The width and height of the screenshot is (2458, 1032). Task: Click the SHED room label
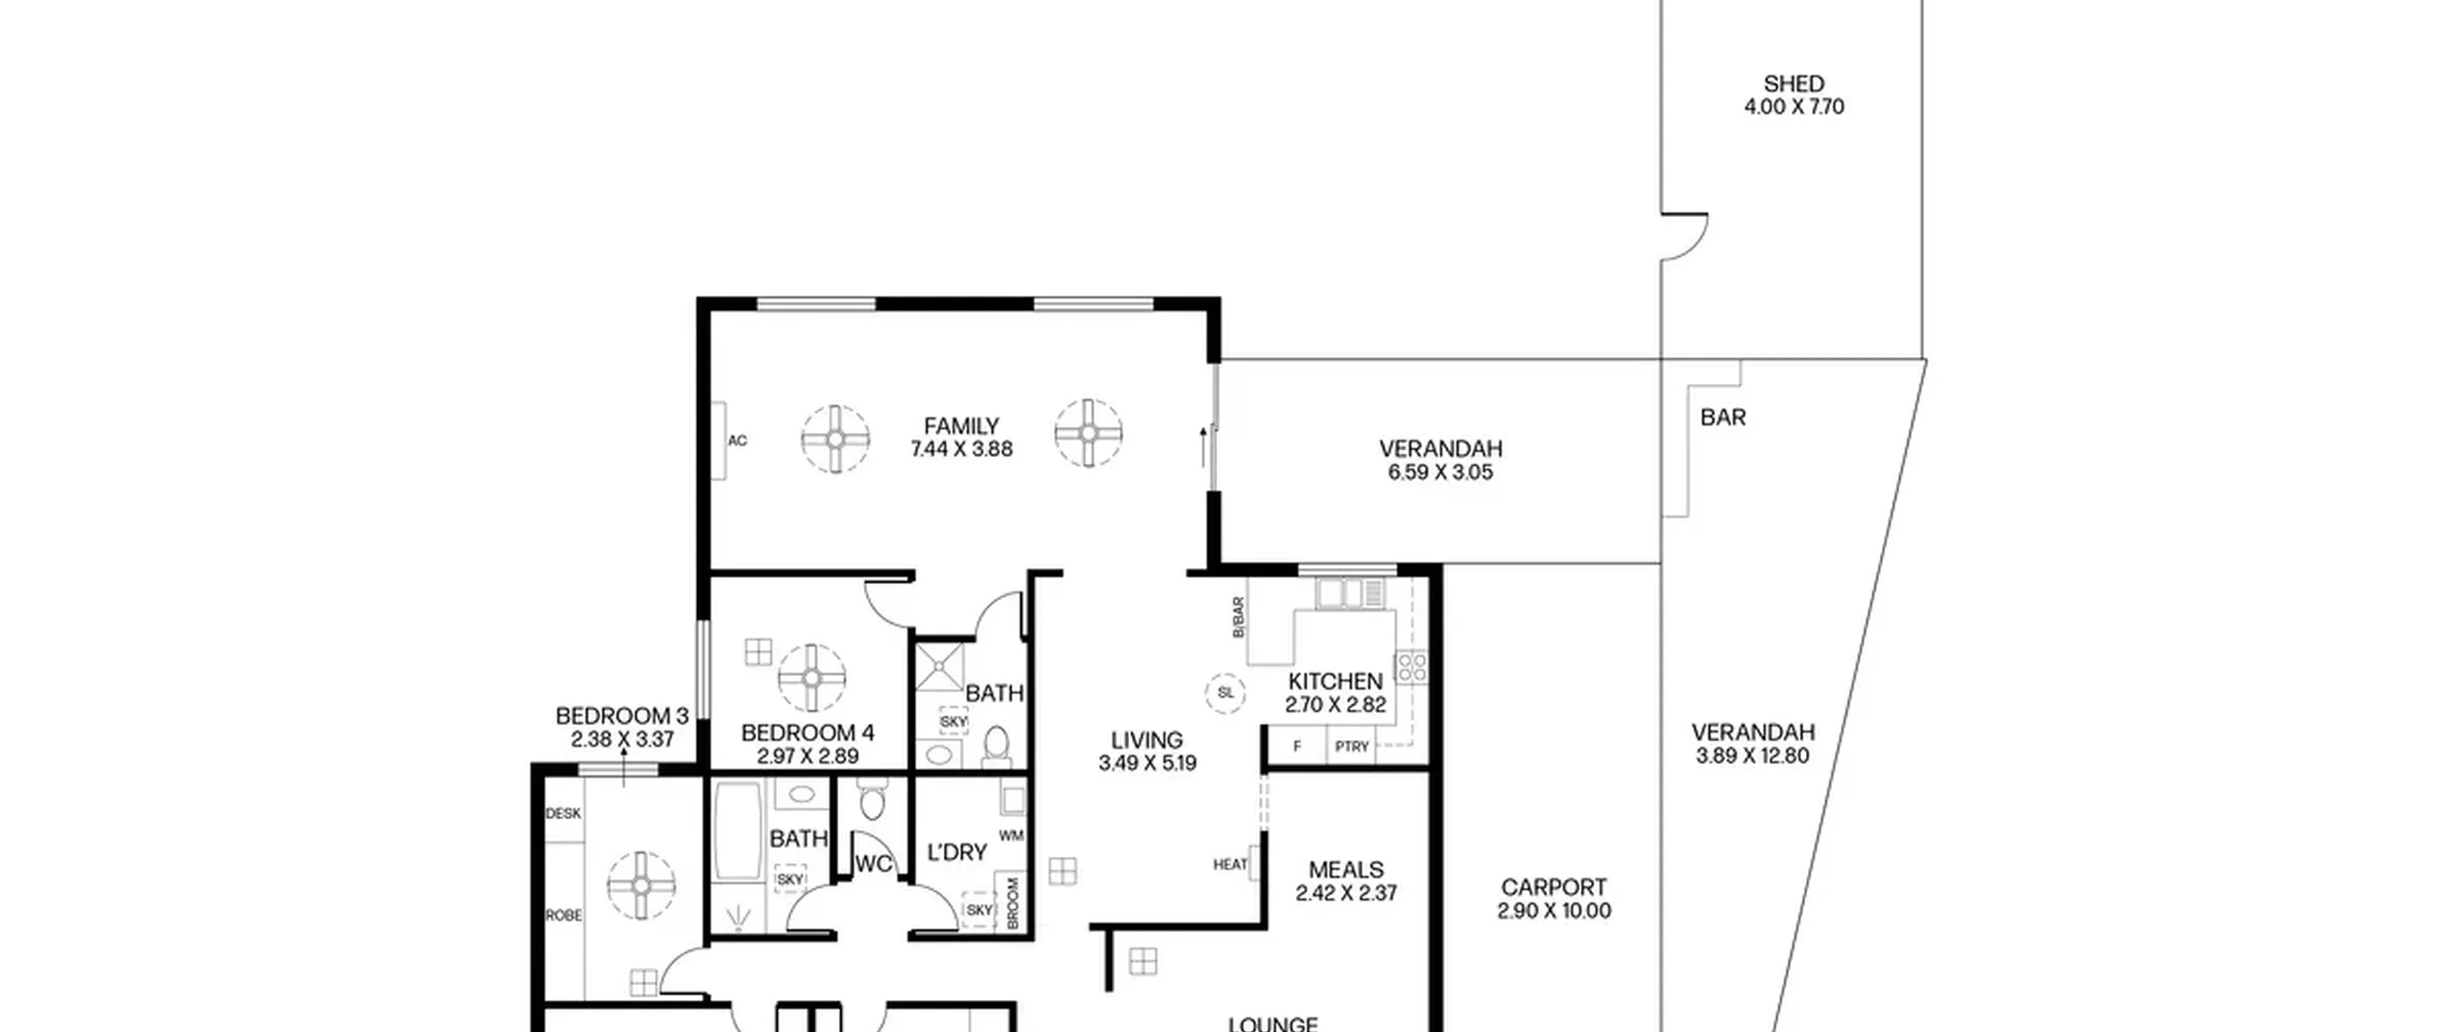point(1793,84)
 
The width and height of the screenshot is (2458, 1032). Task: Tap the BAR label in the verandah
point(1723,418)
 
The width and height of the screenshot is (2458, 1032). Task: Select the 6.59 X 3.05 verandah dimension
point(1439,472)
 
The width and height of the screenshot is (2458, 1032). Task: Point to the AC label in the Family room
point(737,442)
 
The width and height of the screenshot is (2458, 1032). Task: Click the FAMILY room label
point(961,425)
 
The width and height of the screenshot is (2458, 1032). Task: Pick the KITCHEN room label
point(1336,682)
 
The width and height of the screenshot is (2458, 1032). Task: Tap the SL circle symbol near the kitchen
point(1225,692)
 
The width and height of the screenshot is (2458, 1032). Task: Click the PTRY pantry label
point(1352,746)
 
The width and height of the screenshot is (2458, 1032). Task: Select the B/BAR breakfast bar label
point(1238,618)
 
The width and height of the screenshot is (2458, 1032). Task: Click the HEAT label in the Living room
point(1230,865)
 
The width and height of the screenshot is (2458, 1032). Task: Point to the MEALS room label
point(1346,870)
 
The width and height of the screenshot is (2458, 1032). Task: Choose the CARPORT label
point(1554,888)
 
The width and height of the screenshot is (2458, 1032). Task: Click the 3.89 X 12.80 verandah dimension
point(1752,756)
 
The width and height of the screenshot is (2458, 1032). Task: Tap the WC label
point(874,864)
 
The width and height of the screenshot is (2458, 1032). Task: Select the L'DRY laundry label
point(957,852)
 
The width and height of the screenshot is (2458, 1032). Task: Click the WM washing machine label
point(1011,836)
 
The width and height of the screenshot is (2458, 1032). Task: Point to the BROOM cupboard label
point(1013,902)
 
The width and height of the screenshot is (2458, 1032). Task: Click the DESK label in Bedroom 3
point(564,814)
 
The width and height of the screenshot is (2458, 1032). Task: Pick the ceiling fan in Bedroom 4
point(811,678)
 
